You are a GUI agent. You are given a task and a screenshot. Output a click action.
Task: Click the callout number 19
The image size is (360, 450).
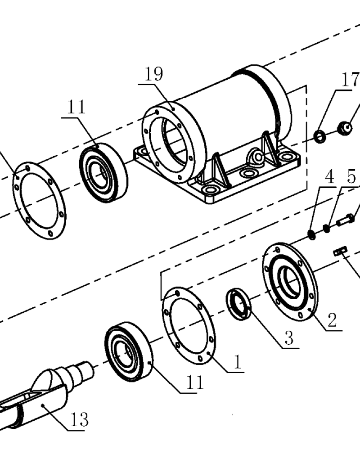pyautogui.click(x=153, y=74)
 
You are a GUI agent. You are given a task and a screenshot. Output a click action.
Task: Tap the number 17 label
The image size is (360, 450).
pyautogui.click(x=350, y=80)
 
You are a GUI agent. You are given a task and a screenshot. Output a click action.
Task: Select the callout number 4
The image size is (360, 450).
pyautogui.click(x=329, y=176)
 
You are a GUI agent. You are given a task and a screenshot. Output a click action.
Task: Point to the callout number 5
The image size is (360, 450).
pyautogui.click(x=351, y=176)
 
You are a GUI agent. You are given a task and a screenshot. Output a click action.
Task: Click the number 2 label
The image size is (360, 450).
pyautogui.click(x=332, y=319)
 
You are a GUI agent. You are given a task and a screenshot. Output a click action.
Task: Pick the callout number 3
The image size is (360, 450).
pyautogui.click(x=289, y=337)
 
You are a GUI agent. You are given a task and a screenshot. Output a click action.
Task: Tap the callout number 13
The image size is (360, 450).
pyautogui.click(x=79, y=419)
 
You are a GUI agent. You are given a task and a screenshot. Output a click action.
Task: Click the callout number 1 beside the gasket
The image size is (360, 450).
pyautogui.click(x=238, y=362)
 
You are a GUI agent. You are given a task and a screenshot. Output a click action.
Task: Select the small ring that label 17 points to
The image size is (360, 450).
pyautogui.click(x=319, y=136)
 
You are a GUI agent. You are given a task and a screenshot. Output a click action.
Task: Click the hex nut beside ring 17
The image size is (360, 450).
pyautogui.click(x=345, y=128)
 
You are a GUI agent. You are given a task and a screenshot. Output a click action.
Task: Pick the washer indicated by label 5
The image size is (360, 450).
pyautogui.click(x=326, y=229)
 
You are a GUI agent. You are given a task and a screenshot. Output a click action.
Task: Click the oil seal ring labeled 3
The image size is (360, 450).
pyautogui.click(x=238, y=304)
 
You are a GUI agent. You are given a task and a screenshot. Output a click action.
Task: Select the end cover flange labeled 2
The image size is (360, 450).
pyautogui.click(x=290, y=283)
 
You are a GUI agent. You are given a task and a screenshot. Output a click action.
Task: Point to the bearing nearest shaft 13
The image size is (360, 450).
pyautogui.click(x=128, y=351)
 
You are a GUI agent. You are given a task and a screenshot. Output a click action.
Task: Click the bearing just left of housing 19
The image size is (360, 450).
pyautogui.click(x=103, y=173)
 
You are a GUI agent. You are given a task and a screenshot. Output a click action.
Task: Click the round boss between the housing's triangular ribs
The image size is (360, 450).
pyautogui.click(x=257, y=157)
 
